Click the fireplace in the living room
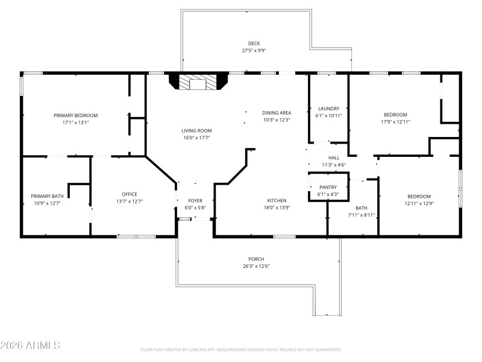tap(197, 82)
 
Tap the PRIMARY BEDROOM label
tap(75, 115)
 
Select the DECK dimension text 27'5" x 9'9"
tap(254, 51)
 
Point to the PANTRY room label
tap(328, 187)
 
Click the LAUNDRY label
tap(329, 109)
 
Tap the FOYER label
tap(195, 200)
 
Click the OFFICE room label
tap(130, 194)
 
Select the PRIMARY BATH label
tap(47, 196)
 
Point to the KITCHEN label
tap(277, 200)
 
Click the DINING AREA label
tap(277, 113)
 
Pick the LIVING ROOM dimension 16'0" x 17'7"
tap(197, 138)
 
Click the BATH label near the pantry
tap(361, 208)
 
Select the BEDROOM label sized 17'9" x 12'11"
tap(396, 115)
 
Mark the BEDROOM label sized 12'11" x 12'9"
tap(419, 196)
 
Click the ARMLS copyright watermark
tap(30, 346)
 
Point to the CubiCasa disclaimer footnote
tap(241, 349)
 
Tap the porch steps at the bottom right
tap(327, 315)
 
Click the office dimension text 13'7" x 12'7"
tap(130, 202)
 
